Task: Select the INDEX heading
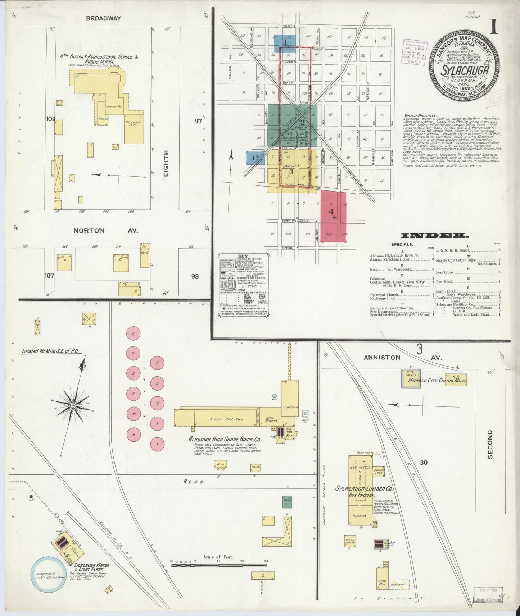[x=435, y=236]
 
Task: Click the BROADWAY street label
[x=103, y=18]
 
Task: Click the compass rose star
[x=73, y=405]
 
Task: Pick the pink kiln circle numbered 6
[x=133, y=334]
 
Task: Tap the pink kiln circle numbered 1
[x=157, y=444]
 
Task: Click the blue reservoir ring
[x=48, y=579]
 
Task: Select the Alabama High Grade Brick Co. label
[x=225, y=439]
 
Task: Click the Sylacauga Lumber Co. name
[x=364, y=489]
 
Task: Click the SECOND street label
[x=489, y=444]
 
